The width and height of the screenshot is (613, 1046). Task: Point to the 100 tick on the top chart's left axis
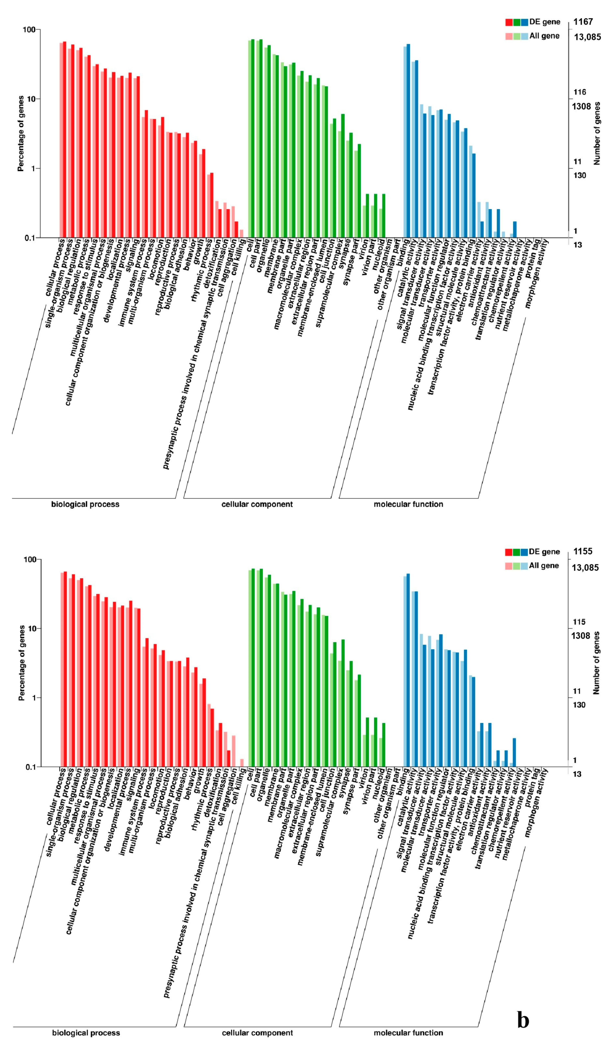[29, 30]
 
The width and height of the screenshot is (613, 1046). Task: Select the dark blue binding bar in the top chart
[408, 141]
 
